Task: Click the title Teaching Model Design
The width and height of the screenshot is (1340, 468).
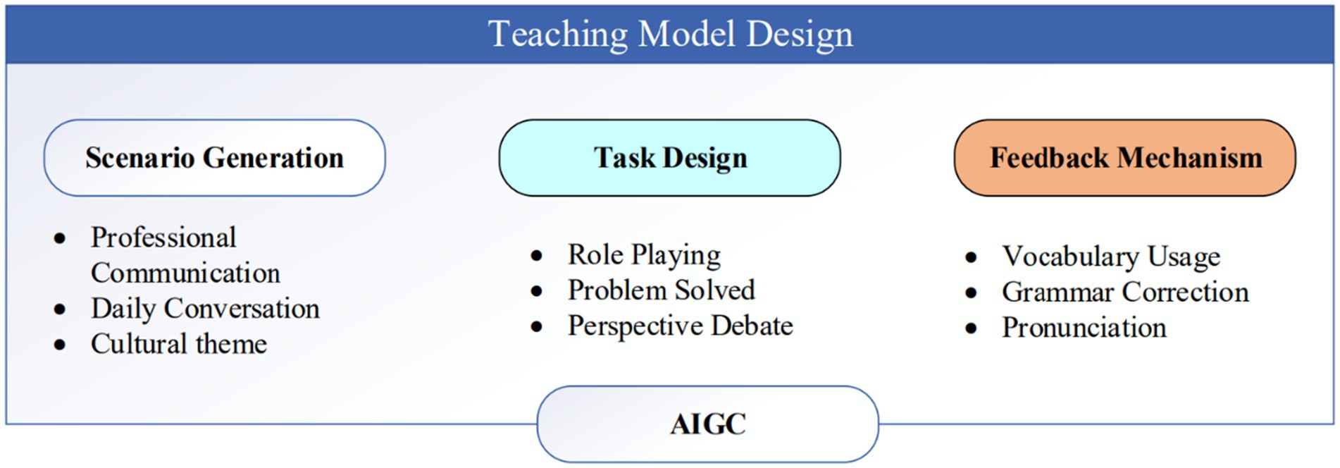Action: tap(670, 34)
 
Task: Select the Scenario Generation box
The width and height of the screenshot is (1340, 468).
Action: tap(215, 158)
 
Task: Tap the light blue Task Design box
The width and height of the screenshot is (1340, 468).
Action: tap(670, 158)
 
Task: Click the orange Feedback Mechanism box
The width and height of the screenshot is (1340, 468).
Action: tap(1125, 158)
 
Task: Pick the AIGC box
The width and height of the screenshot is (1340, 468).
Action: tap(708, 424)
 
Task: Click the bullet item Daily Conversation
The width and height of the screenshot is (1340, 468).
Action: tap(205, 309)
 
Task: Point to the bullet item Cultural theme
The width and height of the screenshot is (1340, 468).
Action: tap(179, 344)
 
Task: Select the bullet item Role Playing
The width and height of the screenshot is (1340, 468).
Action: tap(645, 255)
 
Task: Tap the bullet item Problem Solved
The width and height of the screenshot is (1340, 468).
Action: tap(662, 290)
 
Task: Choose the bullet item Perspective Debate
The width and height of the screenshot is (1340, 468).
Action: tap(681, 326)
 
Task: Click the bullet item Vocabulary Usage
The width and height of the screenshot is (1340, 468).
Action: tap(1111, 257)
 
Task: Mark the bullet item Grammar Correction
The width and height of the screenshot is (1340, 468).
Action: tap(1125, 292)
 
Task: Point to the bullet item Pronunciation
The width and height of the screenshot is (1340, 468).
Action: tap(1084, 328)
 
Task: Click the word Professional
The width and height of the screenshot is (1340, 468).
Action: tap(163, 238)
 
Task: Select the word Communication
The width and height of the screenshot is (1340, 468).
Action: tap(185, 273)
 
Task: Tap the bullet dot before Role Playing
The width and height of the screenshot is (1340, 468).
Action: tap(537, 256)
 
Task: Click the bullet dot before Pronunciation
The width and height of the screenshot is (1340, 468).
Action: tap(972, 328)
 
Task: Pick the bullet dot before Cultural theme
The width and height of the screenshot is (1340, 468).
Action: tap(60, 345)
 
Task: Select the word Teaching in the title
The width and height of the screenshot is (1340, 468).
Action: tap(558, 34)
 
